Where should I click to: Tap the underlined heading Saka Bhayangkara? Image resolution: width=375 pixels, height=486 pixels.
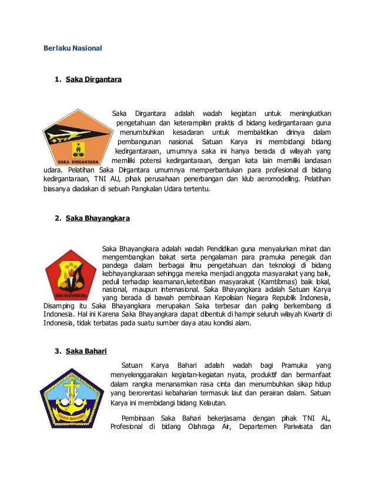98,218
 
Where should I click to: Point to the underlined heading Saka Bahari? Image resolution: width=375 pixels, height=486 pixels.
86,352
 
